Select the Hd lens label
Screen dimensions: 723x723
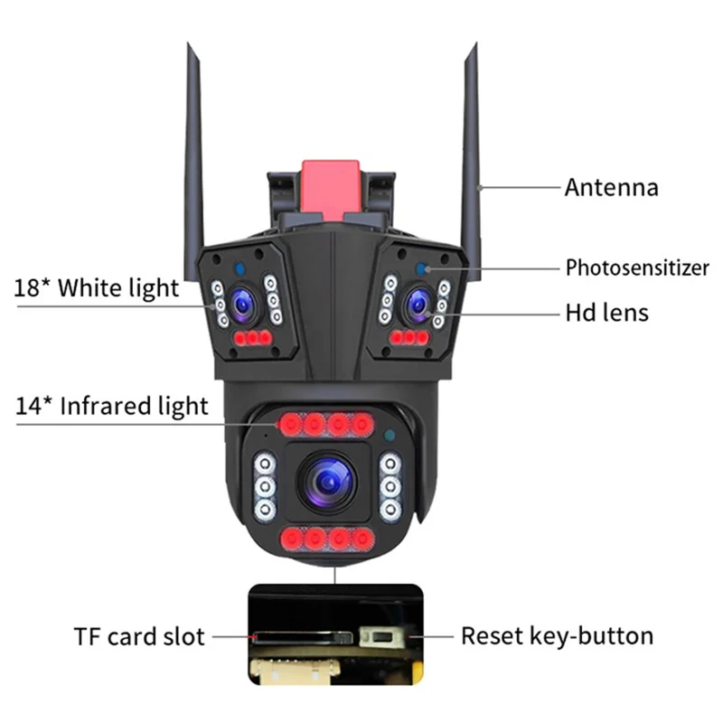pos(606,313)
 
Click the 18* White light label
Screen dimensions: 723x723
pos(97,288)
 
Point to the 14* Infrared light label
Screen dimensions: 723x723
pos(111,406)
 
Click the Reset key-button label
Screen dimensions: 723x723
pos(557,635)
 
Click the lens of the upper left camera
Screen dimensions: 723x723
pos(242,305)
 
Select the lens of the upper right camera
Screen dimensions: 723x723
pos(417,305)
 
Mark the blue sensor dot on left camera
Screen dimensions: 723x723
pos(238,268)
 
